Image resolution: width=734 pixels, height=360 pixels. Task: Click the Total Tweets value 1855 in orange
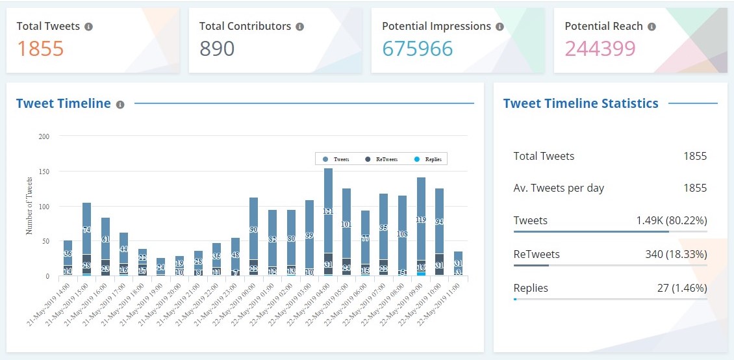pos(40,49)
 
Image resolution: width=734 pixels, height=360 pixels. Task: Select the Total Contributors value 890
pos(217,49)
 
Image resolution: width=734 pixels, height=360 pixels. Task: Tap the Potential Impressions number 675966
pos(417,49)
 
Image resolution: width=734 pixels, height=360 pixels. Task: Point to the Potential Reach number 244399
pos(600,49)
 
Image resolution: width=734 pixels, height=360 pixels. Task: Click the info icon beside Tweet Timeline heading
pos(120,104)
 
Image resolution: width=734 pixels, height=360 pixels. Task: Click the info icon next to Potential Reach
pos(652,27)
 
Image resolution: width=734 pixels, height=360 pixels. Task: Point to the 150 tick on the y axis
pos(44,172)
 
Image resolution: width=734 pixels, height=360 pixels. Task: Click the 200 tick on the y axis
pos(44,136)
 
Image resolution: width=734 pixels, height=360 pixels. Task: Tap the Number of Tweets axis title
pos(29,206)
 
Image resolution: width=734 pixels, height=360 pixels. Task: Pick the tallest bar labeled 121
pos(328,211)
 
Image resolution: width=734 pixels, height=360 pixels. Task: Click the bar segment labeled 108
pos(402,233)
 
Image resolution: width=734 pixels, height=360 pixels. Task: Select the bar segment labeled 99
pos(309,235)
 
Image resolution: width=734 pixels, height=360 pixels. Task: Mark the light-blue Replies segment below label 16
pos(421,274)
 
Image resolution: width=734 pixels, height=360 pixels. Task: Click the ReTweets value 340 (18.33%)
pos(676,254)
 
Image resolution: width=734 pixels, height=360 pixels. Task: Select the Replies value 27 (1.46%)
pos(681,288)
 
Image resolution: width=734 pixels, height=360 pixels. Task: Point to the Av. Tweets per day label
pos(559,188)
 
